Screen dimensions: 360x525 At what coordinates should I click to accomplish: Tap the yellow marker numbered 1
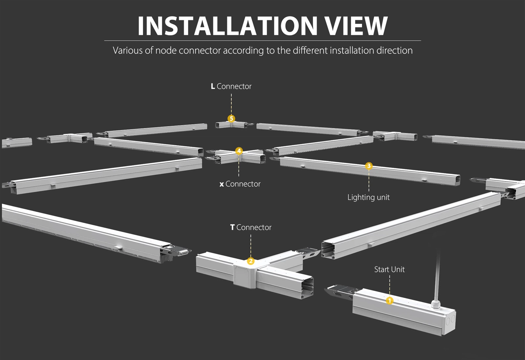[x=389, y=300]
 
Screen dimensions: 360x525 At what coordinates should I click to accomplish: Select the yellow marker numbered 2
[x=251, y=261]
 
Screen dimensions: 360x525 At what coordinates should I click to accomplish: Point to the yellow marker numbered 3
[x=368, y=166]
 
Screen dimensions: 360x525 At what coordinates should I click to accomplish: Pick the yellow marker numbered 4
[x=239, y=151]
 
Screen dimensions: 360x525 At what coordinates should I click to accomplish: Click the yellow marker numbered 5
[x=231, y=118]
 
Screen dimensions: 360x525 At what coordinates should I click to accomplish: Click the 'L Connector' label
[x=231, y=86]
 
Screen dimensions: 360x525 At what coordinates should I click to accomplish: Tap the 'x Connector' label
[x=240, y=184]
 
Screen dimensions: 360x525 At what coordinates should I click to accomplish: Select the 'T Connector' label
[x=251, y=227]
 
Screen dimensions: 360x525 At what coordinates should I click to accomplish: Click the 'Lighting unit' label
[x=368, y=197]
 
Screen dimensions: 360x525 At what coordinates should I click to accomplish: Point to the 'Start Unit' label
[x=389, y=270]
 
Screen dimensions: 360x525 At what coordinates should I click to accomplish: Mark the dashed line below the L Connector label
[x=231, y=104]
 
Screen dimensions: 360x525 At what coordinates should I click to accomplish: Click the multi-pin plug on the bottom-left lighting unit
[x=184, y=251]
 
